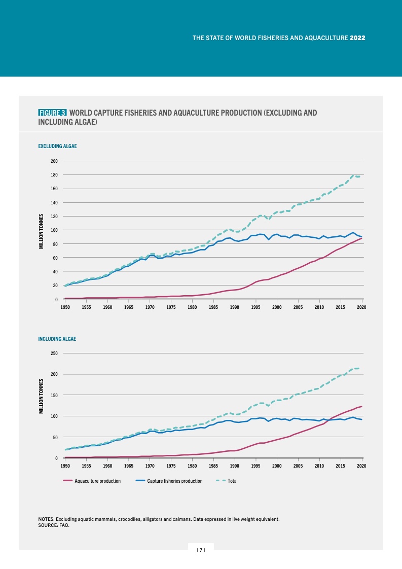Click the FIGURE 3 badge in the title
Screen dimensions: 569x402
pos(53,113)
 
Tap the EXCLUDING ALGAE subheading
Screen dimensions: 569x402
pos(57,146)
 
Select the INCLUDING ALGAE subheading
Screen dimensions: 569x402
pos(57,338)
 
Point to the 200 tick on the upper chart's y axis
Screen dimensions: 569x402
pos(54,161)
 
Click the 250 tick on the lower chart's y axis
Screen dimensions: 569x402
pos(54,353)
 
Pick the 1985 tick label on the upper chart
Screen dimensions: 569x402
pos(213,307)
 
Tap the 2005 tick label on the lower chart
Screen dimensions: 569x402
pos(298,466)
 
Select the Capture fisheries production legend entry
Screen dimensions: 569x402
pos(174,480)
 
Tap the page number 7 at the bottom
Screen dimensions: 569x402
pos(201,550)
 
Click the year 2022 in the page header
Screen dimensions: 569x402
pos(358,38)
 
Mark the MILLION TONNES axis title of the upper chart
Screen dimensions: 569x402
pos(42,231)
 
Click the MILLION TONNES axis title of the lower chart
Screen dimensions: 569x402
pos(42,395)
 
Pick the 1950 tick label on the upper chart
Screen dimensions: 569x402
pos(65,307)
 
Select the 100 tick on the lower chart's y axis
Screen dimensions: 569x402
pos(54,416)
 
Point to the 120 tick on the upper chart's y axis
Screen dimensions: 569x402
pos(54,217)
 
